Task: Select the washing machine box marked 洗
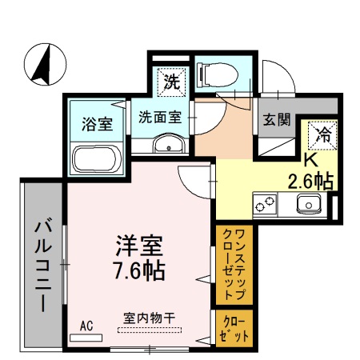point(171,81)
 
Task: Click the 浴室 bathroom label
point(96,124)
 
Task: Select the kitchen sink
point(308,205)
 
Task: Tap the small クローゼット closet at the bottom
point(234,329)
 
